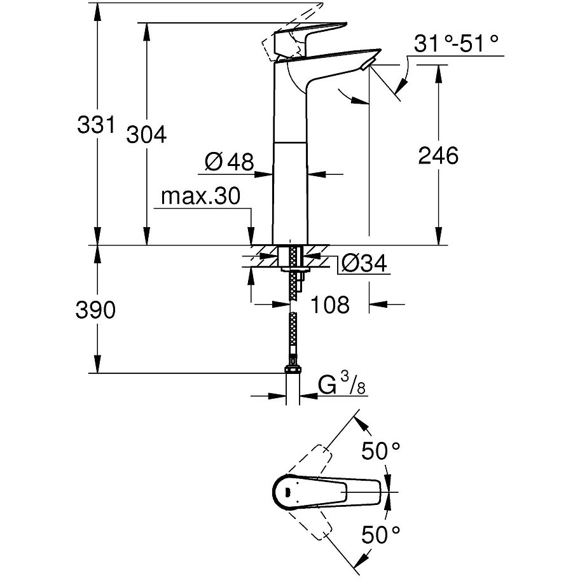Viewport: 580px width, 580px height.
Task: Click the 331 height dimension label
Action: click(95, 125)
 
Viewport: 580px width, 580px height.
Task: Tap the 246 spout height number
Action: click(438, 155)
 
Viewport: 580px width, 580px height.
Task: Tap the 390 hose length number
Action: click(95, 310)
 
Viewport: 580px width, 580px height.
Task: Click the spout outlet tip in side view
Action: click(368, 64)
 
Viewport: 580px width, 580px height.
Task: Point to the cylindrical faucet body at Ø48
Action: click(289, 191)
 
